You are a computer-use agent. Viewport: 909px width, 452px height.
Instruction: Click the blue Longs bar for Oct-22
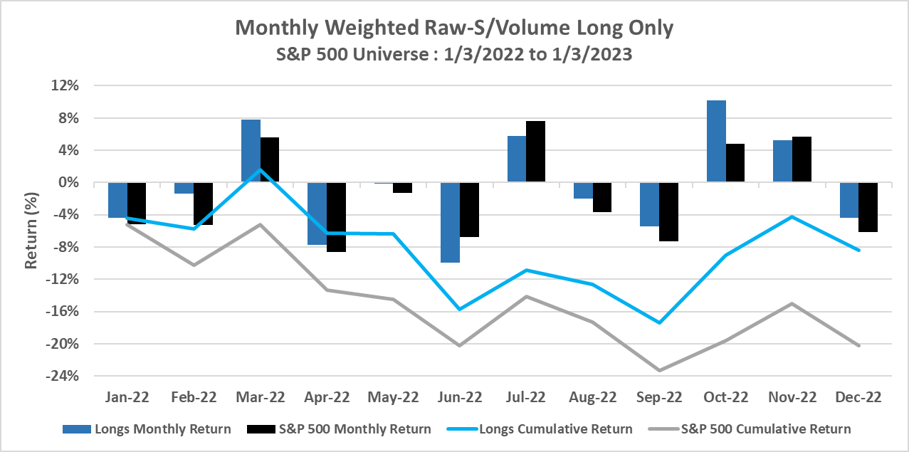click(716, 142)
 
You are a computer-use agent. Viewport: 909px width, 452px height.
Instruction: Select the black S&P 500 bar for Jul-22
click(535, 152)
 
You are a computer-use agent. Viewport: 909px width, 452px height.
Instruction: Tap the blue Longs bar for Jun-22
click(450, 222)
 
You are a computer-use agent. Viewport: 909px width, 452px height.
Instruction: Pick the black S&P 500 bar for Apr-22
click(336, 217)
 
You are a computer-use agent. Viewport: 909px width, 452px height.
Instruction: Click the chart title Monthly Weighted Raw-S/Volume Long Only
click(454, 27)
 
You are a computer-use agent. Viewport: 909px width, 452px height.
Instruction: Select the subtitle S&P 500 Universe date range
click(454, 54)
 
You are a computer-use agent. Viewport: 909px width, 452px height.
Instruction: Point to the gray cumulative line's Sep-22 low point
click(659, 370)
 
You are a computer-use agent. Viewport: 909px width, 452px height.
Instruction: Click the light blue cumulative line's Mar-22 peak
click(260, 169)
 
